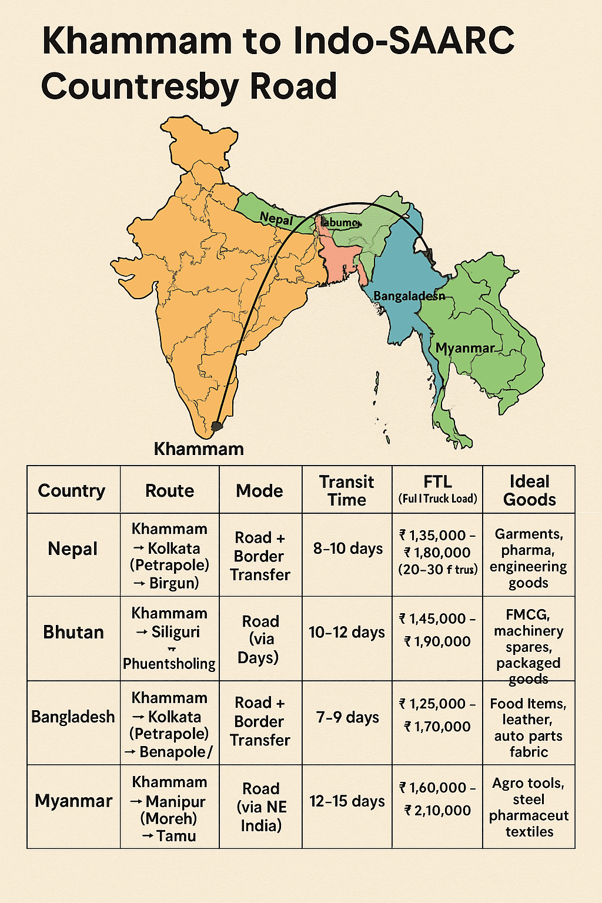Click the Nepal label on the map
276,219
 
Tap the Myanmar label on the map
464,348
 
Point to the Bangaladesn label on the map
409,296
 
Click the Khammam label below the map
199,449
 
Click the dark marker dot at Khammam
217,426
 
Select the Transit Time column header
347,490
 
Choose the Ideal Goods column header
529,490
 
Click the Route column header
169,491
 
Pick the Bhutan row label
73,633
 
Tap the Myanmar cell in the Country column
73,801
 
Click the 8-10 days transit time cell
347,549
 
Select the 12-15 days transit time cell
347,801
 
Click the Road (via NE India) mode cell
261,807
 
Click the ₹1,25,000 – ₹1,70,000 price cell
437,715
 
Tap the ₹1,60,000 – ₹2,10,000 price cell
437,799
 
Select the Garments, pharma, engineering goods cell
529,558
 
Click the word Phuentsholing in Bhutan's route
169,664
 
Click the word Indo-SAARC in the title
404,41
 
